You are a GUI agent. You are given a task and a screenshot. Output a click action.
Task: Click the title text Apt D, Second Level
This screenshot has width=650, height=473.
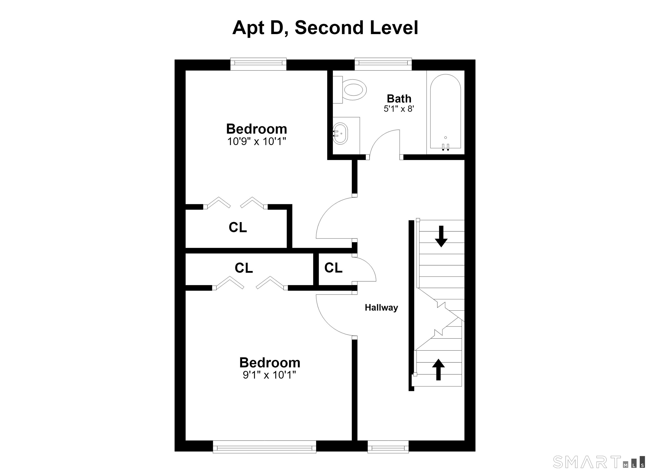[325, 28]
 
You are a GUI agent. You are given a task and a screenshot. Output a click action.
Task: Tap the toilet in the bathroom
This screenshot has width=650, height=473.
[350, 90]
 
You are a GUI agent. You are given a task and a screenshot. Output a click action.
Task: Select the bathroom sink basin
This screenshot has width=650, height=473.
[340, 134]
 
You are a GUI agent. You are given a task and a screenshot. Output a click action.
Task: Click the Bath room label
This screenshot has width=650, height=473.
[399, 99]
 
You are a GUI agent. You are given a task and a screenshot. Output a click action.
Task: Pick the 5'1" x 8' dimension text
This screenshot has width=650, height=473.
[399, 109]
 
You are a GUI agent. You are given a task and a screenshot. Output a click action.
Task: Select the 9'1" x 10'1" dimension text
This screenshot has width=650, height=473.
[269, 375]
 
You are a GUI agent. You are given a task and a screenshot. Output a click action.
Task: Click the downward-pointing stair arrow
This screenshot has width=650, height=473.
[441, 236]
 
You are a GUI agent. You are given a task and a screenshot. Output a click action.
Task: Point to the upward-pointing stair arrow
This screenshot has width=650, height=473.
[438, 369]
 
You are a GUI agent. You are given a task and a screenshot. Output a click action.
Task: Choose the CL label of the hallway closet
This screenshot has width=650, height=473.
[333, 268]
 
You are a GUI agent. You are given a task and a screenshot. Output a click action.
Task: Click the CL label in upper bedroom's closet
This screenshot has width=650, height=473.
[238, 227]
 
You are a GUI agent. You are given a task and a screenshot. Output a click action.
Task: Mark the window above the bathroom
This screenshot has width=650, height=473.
[383, 64]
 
